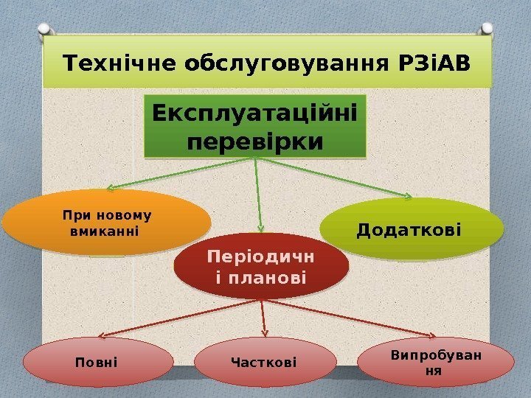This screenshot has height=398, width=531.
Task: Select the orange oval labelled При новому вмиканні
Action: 107,223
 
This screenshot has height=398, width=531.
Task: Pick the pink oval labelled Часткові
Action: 263,362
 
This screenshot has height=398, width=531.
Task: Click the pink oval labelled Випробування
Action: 435,362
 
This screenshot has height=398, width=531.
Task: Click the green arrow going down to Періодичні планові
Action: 258,195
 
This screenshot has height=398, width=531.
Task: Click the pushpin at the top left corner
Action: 44,28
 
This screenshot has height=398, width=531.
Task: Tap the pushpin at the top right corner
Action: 488,28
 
